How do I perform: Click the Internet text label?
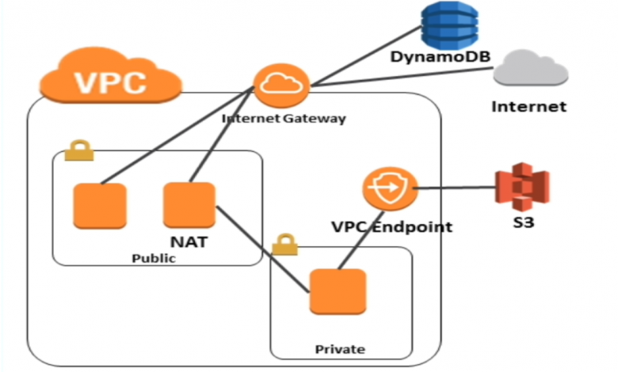point(528,106)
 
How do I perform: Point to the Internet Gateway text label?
point(284,119)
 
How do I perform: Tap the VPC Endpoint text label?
point(391,227)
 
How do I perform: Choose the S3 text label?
point(522,222)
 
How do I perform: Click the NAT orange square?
point(189,205)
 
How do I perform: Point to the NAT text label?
point(189,241)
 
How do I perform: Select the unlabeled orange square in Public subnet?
point(99,206)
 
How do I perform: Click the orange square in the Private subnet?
point(338,294)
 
